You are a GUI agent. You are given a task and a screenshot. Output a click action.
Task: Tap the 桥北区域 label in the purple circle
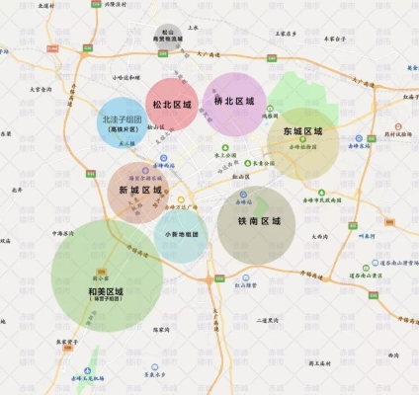234,102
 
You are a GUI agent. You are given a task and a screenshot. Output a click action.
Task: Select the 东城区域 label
302,131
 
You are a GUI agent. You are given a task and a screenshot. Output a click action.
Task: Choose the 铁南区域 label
266,222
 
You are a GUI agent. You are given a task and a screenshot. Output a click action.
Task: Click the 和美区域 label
105,292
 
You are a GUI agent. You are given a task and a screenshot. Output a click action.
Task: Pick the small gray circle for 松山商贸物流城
169,37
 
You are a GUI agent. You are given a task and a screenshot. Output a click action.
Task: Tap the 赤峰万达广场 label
183,207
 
